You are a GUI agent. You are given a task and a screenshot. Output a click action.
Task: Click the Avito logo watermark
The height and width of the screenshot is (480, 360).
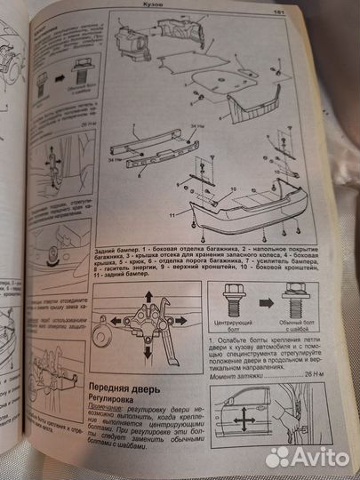point(301,454)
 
